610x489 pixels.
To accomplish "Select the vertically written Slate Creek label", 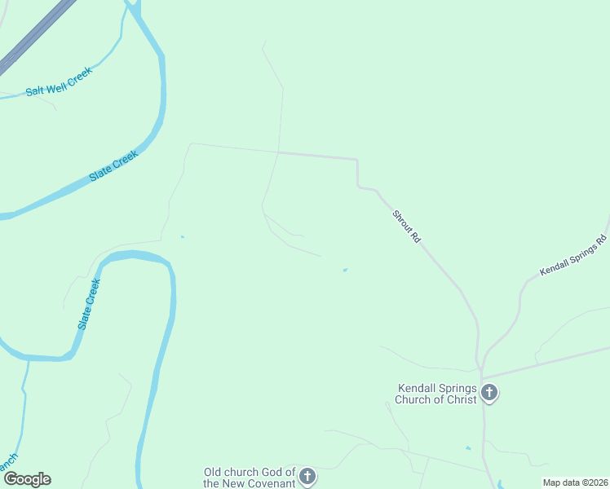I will coord(89,303).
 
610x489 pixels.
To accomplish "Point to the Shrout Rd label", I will coord(406,227).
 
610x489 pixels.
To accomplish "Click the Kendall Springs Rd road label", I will coord(574,256).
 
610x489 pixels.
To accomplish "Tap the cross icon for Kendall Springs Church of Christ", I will coord(488,394).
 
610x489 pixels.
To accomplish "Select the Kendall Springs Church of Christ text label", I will coord(436,394).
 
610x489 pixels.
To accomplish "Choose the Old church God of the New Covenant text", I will coord(249,477).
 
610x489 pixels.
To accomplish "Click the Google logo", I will coord(28,479).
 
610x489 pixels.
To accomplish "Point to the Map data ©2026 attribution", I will coord(575,482).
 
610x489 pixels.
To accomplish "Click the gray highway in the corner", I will coord(33,37).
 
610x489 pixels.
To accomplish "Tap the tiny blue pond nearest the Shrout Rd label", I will coord(345,271).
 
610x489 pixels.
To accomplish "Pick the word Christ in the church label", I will coord(457,399).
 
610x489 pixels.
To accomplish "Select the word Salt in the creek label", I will coord(34,90).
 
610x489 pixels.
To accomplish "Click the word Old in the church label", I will coord(213,471).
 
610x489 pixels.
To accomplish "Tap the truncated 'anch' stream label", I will coord(7,463).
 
